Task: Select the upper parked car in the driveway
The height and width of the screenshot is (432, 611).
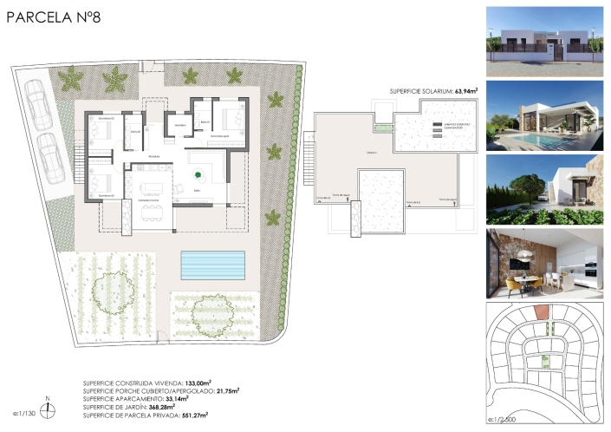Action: click(x=38, y=105)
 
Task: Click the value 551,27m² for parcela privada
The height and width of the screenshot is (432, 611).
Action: click(x=205, y=415)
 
